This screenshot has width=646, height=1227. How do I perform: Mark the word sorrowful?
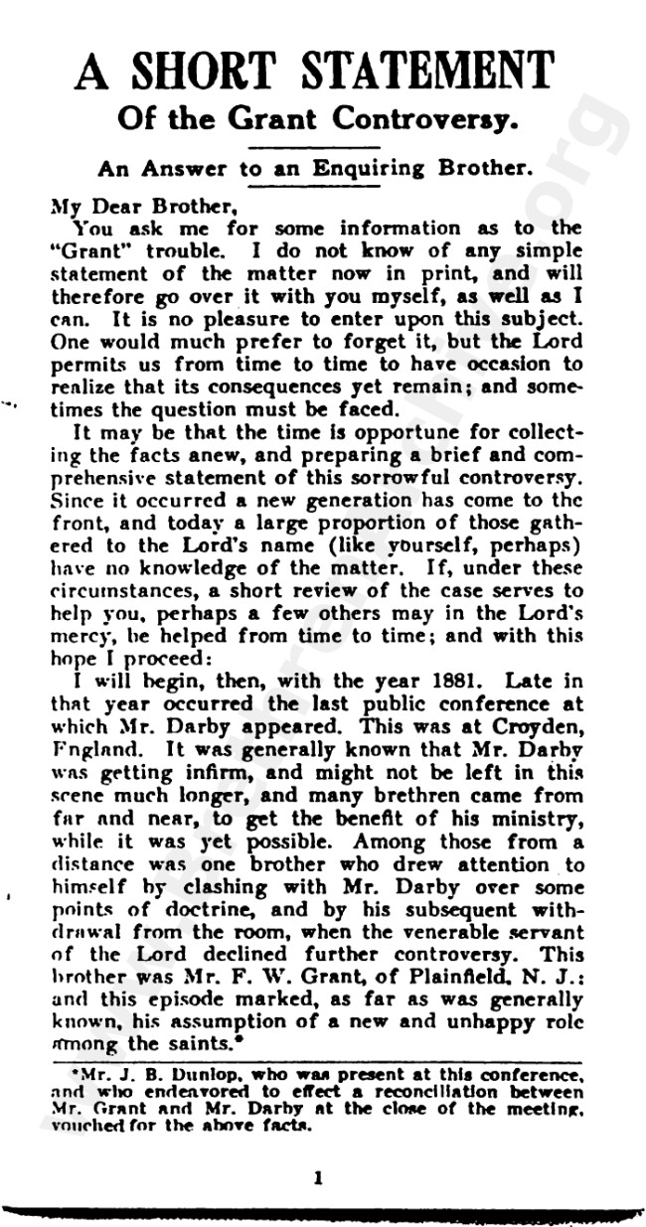pyautogui.click(x=377, y=504)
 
